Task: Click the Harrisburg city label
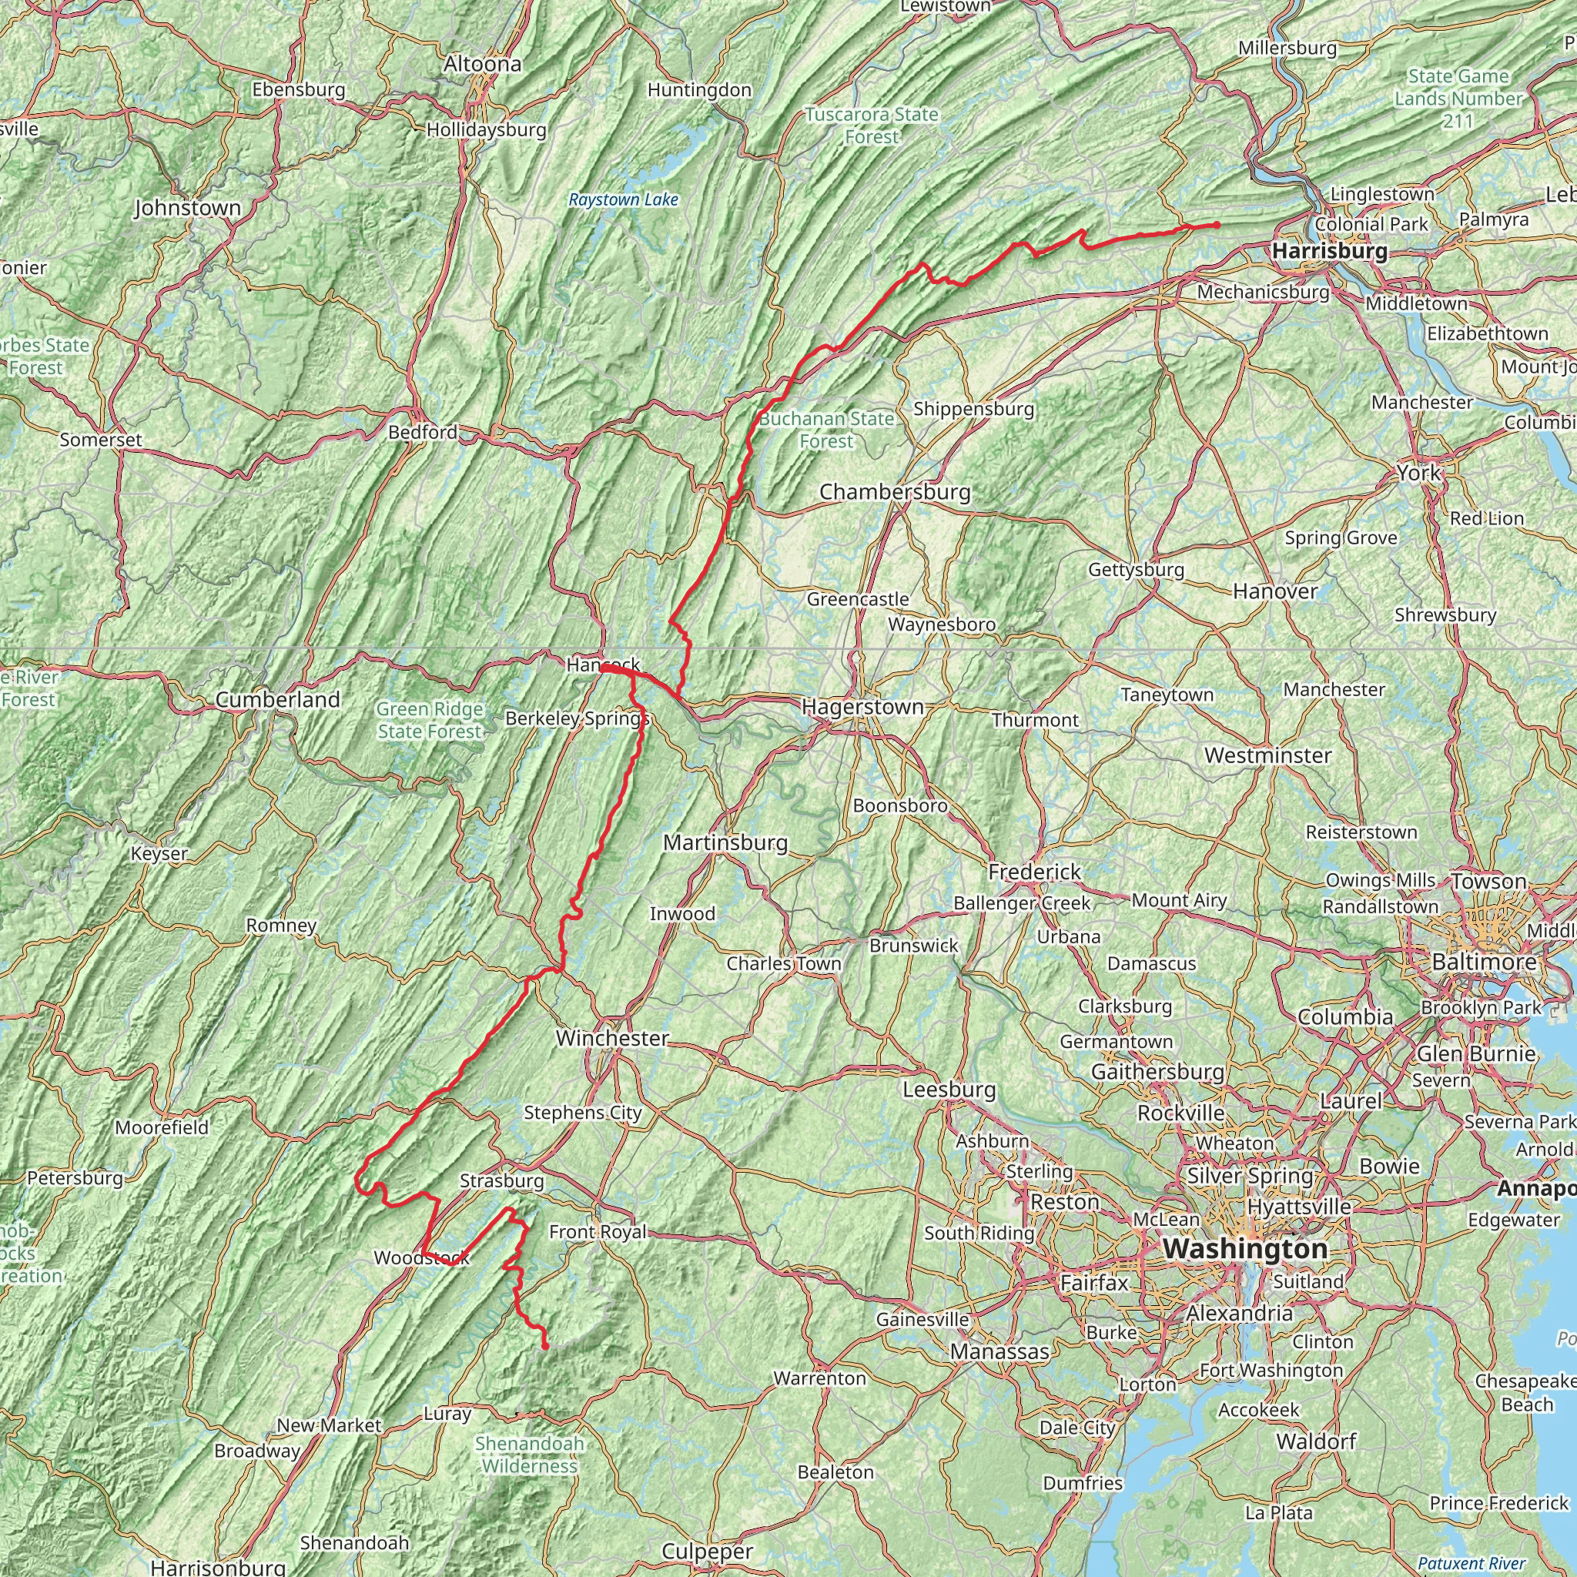(1329, 250)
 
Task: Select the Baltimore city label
(1484, 962)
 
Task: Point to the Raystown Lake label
(624, 200)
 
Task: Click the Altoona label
(482, 64)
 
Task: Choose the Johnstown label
(188, 208)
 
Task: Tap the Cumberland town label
(277, 699)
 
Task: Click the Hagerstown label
(862, 706)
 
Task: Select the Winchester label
(612, 1038)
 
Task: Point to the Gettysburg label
(1137, 570)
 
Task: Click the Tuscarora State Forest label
(872, 126)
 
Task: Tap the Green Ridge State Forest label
(430, 721)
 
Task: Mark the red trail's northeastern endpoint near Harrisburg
(1217, 225)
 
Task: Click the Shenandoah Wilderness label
(530, 1455)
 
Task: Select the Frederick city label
(1034, 872)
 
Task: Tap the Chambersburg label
(895, 492)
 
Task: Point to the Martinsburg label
(725, 842)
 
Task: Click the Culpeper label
(707, 1552)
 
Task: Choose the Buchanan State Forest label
(826, 430)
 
